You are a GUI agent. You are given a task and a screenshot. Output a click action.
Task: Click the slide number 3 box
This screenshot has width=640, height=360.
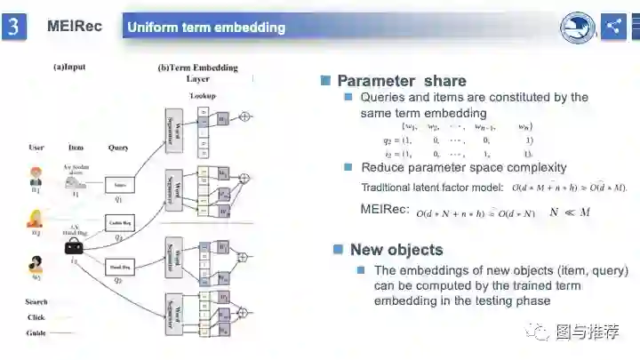click(13, 27)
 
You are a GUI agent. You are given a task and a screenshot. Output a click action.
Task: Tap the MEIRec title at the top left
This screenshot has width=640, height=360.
click(75, 27)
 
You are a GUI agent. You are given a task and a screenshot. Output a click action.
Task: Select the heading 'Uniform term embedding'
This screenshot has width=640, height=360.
click(206, 28)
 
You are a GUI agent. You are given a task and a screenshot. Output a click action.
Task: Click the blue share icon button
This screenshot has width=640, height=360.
click(614, 27)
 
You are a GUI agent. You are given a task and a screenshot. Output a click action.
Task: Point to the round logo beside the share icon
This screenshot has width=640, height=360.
click(577, 28)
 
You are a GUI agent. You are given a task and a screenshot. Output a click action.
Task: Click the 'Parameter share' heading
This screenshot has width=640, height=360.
click(402, 81)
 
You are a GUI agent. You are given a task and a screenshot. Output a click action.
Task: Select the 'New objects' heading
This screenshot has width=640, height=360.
click(396, 250)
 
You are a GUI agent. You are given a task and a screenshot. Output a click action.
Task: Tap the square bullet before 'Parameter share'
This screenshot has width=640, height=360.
click(325, 81)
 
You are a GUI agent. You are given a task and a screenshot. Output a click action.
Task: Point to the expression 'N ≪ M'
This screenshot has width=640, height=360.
click(570, 212)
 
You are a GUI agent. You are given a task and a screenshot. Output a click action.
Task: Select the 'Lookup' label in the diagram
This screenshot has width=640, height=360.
click(202, 95)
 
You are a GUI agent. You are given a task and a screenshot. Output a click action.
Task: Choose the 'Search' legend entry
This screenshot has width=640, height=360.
click(36, 302)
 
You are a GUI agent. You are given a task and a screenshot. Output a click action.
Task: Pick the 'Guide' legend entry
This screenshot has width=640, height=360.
click(36, 332)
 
